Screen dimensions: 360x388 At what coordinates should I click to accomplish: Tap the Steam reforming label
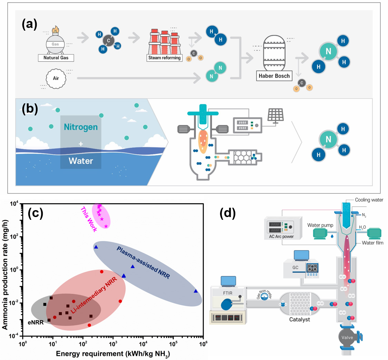tap(163, 58)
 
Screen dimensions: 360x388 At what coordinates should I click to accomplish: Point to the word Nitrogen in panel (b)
tap(80, 127)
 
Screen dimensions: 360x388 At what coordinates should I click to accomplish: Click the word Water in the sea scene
tap(80, 161)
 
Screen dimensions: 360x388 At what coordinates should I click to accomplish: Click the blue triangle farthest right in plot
tap(196, 291)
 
